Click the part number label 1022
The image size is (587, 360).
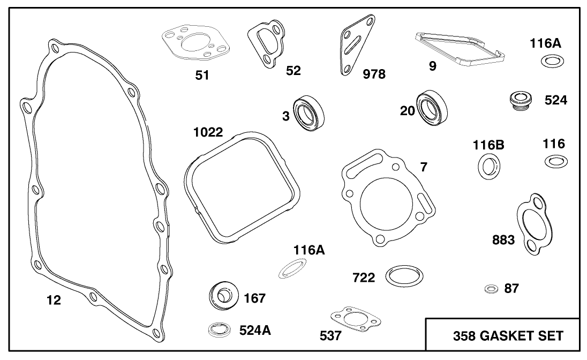pyautogui.click(x=208, y=132)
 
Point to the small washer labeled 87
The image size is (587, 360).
pyautogui.click(x=490, y=289)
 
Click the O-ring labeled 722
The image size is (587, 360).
pyautogui.click(x=404, y=276)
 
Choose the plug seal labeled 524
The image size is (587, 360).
pyautogui.click(x=519, y=100)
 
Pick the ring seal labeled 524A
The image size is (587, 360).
pyautogui.click(x=219, y=329)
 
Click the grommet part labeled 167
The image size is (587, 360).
pyautogui.click(x=222, y=296)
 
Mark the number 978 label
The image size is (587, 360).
pyautogui.click(x=374, y=74)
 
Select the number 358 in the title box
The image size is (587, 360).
pyautogui.click(x=464, y=336)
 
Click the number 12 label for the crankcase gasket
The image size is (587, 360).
pyautogui.click(x=53, y=300)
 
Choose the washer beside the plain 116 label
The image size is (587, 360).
pyautogui.click(x=555, y=161)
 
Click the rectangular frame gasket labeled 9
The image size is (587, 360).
pyautogui.click(x=460, y=50)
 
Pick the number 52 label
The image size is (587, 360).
pyautogui.click(x=293, y=70)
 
